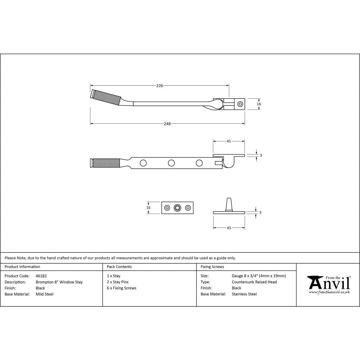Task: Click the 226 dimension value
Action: [x=159, y=86]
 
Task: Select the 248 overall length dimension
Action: [x=167, y=124]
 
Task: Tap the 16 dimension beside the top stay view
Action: [x=259, y=104]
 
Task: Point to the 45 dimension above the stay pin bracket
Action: [x=229, y=141]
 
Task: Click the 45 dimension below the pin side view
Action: [x=229, y=228]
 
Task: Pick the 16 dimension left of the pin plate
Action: [x=149, y=208]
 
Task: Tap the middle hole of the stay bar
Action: [x=171, y=163]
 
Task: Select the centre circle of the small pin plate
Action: [x=177, y=208]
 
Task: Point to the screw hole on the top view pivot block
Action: [x=240, y=104]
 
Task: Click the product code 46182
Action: [x=41, y=276]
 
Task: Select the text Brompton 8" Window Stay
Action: [x=59, y=282]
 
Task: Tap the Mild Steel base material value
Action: [x=45, y=294]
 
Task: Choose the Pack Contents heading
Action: [x=119, y=267]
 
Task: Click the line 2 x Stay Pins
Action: [x=118, y=282]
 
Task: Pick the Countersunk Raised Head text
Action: [x=254, y=282]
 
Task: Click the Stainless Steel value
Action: [x=244, y=294]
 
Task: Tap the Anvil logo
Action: [x=328, y=284]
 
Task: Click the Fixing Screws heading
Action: [x=212, y=267]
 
